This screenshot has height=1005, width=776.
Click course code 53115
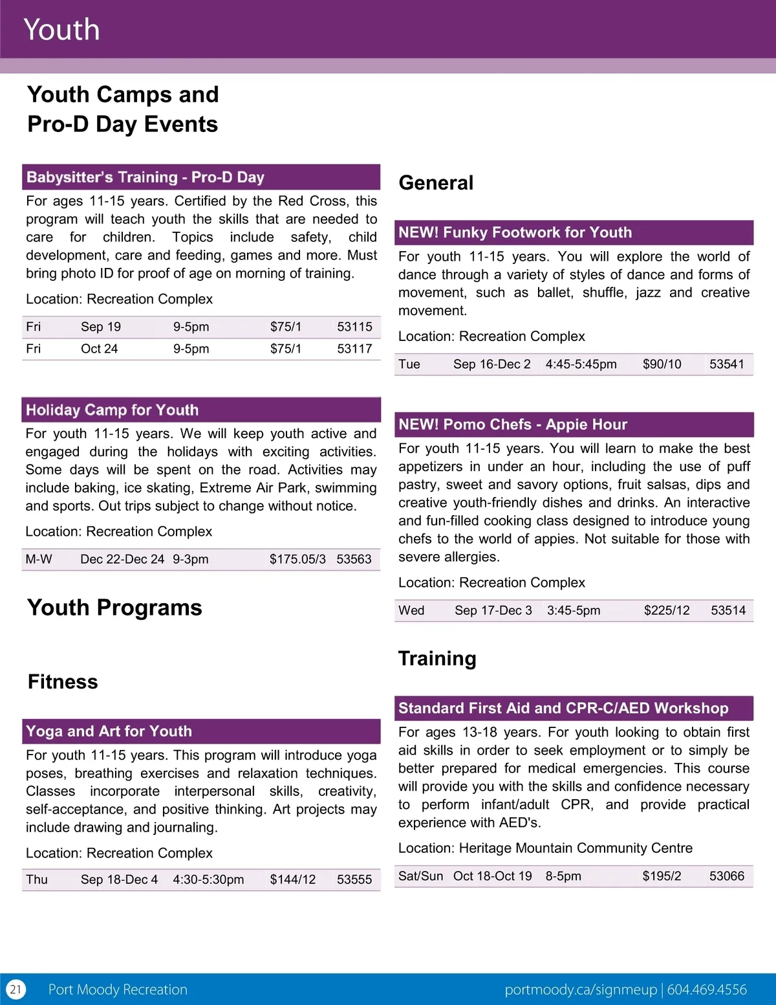(x=354, y=327)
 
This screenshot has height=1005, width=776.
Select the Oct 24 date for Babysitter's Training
(x=99, y=349)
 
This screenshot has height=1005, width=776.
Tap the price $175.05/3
(x=297, y=559)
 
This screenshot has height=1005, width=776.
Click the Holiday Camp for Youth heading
(x=112, y=410)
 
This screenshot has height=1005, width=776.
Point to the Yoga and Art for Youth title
(x=109, y=731)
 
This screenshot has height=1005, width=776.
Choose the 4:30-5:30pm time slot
(x=208, y=879)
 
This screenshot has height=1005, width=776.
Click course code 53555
(x=354, y=879)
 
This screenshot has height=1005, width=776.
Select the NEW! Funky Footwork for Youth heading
(x=515, y=232)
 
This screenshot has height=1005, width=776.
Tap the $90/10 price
(x=662, y=364)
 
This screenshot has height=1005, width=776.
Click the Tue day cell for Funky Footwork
(x=409, y=364)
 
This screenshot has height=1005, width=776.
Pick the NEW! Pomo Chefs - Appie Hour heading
(x=513, y=425)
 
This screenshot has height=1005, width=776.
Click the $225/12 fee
(x=667, y=611)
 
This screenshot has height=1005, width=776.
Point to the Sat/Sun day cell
(x=420, y=876)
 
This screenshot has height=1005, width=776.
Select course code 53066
(x=727, y=876)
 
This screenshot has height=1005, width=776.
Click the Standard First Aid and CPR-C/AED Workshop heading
(x=563, y=708)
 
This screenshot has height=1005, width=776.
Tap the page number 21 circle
(x=16, y=989)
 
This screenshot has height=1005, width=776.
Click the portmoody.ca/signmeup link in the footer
(x=581, y=989)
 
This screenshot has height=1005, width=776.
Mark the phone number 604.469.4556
(x=707, y=989)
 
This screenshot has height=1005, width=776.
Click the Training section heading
(x=437, y=658)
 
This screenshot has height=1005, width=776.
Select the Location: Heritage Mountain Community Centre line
(x=545, y=848)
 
